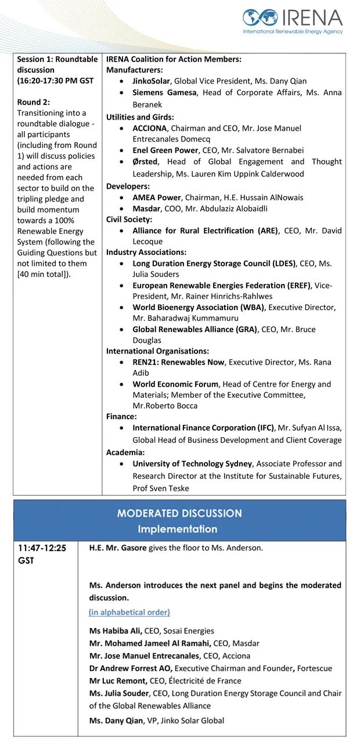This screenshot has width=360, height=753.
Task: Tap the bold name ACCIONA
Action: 150,128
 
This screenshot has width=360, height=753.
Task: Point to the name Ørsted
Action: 145,162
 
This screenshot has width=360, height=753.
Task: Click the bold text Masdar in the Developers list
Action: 146,208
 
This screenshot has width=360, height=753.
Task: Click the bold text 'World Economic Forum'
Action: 175,384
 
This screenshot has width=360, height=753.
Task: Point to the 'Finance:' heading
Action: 121,416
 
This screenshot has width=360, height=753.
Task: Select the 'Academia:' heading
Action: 125,452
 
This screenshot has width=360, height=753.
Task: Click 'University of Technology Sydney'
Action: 192,463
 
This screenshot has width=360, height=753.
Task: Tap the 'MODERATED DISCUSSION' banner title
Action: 179,513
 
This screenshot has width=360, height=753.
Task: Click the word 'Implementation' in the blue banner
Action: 177,529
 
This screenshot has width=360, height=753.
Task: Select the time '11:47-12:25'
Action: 41,547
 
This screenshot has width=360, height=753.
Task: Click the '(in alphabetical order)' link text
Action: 129,612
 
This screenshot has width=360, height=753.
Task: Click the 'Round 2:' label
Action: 33,102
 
